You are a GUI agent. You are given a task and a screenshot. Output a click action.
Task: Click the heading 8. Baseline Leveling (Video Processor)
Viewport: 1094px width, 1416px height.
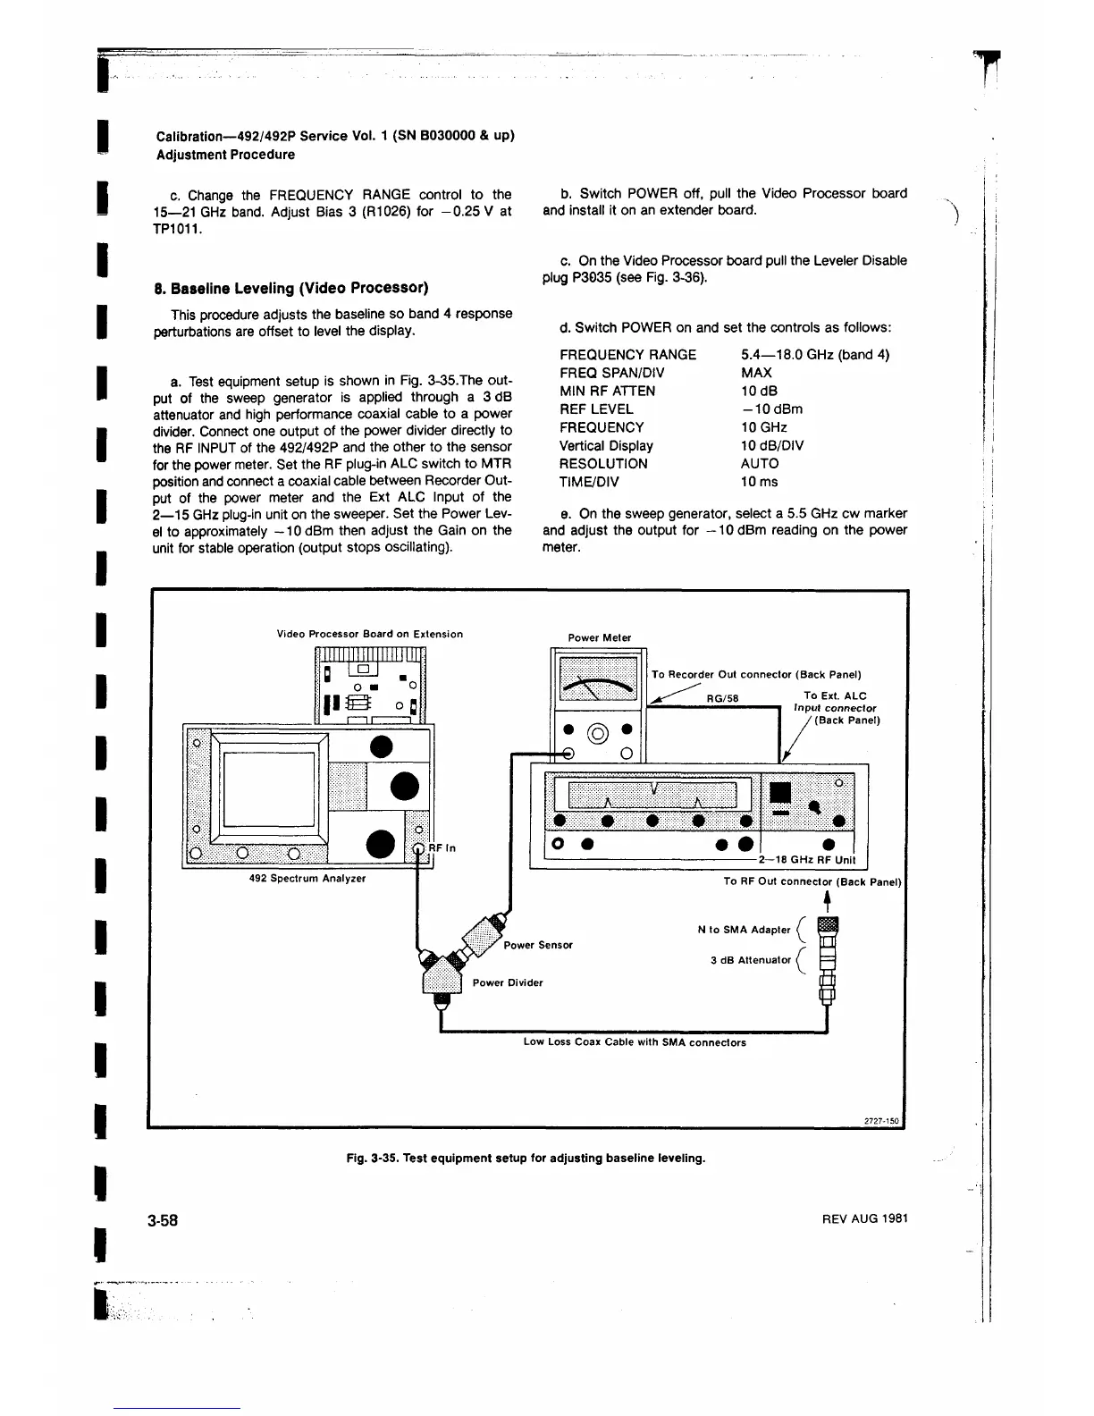292,288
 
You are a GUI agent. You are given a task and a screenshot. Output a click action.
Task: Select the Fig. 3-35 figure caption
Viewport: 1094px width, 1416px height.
526,1159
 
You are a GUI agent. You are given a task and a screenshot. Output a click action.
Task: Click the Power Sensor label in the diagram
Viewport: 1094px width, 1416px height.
538,945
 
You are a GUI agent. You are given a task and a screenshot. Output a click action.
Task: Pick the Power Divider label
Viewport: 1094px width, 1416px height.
508,982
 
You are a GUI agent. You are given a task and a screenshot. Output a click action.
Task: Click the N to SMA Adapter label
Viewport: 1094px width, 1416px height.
744,930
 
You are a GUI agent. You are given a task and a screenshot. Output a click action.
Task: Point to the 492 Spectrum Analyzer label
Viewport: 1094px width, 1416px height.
307,878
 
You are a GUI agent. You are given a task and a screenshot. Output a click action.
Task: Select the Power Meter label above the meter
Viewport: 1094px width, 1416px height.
600,637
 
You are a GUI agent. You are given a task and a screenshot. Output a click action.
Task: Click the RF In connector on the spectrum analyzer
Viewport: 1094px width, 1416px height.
418,848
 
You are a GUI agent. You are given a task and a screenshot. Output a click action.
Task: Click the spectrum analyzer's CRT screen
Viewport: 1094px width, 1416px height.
269,788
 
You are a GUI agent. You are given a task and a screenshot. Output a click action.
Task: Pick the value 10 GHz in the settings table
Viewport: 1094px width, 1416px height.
764,427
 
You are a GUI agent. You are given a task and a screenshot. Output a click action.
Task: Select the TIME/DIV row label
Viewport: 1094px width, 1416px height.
589,482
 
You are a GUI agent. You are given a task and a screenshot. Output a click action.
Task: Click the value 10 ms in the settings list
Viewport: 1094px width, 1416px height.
760,482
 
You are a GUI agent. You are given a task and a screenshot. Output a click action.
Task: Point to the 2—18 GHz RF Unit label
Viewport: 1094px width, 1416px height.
806,860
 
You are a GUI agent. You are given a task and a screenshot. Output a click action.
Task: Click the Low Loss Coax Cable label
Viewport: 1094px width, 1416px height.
635,1042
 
